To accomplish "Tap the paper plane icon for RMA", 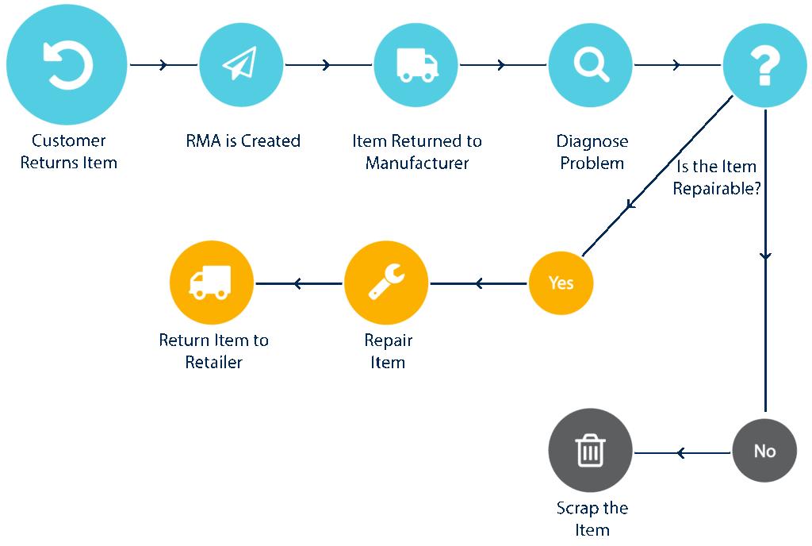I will pyautogui.click(x=240, y=64).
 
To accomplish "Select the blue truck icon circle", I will pyautogui.click(x=416, y=64).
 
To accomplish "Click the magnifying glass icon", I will pyautogui.click(x=590, y=64).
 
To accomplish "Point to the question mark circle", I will pyautogui.click(x=764, y=65).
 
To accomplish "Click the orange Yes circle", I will pyautogui.click(x=561, y=283).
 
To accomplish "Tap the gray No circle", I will pyautogui.click(x=764, y=451).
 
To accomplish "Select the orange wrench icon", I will pyautogui.click(x=386, y=283).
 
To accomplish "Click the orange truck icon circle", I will pyautogui.click(x=212, y=283).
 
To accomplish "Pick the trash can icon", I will pyautogui.click(x=590, y=451).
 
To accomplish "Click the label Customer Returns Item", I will pyautogui.click(x=68, y=152).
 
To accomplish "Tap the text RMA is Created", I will pyautogui.click(x=243, y=141).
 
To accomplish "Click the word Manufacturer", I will pyautogui.click(x=417, y=163).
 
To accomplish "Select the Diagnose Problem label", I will pyautogui.click(x=592, y=152).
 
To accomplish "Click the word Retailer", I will pyautogui.click(x=213, y=363).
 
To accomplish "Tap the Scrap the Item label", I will pyautogui.click(x=592, y=519).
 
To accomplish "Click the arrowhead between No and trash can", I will pyautogui.click(x=680, y=453).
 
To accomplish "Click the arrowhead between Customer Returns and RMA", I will pyautogui.click(x=163, y=65).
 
